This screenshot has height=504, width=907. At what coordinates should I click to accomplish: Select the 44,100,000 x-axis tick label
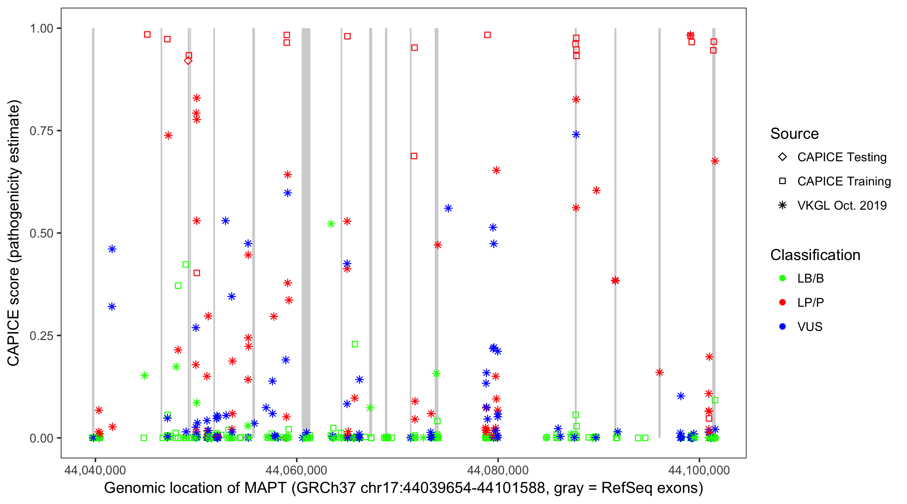[x=699, y=470]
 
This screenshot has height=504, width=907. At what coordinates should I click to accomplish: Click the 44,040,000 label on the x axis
[x=95, y=470]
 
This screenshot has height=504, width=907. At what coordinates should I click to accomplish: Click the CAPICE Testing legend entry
[x=841, y=157]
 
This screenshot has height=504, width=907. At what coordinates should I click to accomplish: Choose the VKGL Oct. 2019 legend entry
[x=841, y=205]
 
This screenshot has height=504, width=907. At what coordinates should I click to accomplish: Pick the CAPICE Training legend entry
[x=844, y=181]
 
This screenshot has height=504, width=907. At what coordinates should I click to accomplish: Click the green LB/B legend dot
[x=782, y=278]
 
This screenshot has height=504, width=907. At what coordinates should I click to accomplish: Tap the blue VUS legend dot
[x=782, y=327]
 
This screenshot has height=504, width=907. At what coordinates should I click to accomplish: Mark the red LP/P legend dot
[x=782, y=302]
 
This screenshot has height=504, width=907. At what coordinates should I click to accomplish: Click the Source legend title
[x=794, y=134]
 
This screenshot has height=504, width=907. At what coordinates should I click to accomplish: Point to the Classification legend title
[x=815, y=255]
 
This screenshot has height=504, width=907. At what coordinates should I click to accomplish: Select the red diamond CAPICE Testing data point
[x=188, y=60]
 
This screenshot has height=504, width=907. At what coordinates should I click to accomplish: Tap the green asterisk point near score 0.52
[x=331, y=224]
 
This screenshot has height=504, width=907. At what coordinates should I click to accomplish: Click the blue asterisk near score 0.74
[x=576, y=134]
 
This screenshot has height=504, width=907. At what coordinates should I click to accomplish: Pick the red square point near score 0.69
[x=414, y=156]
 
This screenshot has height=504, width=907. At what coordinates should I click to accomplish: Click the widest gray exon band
[x=306, y=233]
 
